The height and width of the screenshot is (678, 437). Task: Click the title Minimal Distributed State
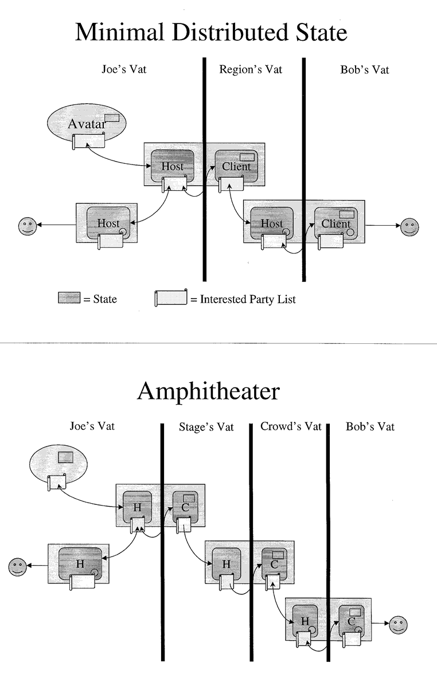[211, 33]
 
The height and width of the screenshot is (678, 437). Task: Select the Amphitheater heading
[208, 392]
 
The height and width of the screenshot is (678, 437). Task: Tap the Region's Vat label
[251, 69]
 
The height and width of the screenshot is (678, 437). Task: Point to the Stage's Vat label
[206, 428]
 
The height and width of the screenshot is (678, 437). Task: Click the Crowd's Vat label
[291, 426]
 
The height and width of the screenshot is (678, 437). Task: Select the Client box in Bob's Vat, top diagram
[335, 223]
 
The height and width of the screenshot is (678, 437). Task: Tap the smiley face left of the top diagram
[28, 225]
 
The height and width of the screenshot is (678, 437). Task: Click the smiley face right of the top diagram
[409, 226]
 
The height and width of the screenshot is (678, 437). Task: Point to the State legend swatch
[69, 298]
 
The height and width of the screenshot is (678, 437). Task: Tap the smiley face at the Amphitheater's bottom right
[397, 624]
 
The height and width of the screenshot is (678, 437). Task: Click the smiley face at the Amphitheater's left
[17, 566]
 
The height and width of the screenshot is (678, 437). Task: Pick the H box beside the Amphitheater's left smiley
[80, 563]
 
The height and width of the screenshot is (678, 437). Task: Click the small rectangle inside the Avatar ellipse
[112, 117]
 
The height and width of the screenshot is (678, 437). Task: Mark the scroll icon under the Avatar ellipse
[89, 141]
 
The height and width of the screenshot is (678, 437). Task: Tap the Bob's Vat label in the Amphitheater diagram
[370, 427]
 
